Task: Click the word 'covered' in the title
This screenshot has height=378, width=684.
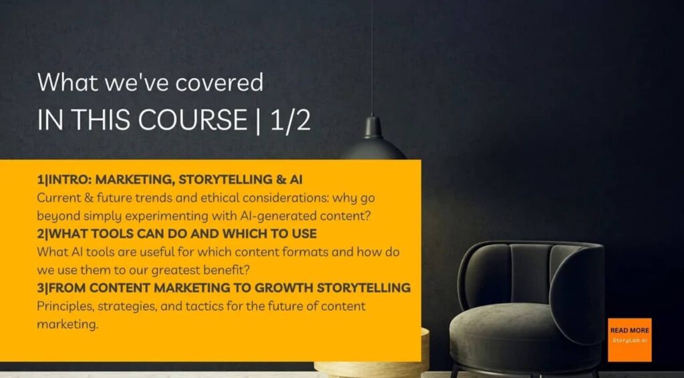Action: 219,82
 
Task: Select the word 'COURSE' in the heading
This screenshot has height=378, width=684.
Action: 193,120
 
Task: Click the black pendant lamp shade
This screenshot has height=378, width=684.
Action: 373,140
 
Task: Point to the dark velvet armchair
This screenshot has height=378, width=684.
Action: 526,308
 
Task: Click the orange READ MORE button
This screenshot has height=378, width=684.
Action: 629,340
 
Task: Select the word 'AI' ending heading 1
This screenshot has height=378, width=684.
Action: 296,180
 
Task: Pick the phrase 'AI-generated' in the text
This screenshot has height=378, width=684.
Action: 277,216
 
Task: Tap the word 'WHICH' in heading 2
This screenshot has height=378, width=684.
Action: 244,234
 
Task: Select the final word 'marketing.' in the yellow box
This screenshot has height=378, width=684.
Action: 67,325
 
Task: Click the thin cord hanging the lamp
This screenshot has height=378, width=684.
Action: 372,57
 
